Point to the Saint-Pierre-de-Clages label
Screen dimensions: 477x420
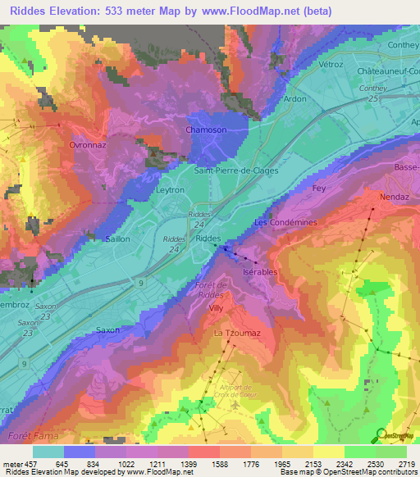236,171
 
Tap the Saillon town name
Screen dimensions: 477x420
119,239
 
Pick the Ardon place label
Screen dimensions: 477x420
294,99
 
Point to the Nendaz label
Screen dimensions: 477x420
394,198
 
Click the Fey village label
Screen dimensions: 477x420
319,188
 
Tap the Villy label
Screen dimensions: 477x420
216,308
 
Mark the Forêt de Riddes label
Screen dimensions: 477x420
206,288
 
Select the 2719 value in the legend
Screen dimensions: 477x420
407,465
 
